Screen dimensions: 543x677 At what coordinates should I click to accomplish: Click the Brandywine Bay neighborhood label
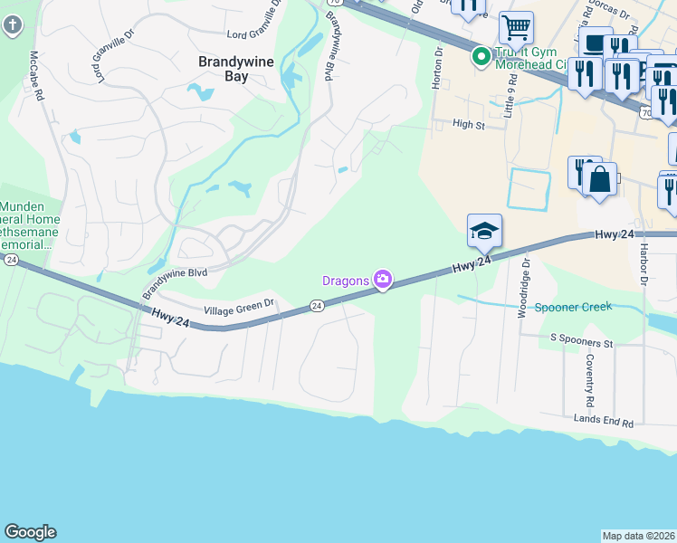pos(224,69)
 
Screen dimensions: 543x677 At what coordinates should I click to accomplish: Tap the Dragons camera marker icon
pos(383,280)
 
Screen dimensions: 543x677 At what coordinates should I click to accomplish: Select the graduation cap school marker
pos(484,231)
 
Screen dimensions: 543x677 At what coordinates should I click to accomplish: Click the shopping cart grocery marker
pos(516,27)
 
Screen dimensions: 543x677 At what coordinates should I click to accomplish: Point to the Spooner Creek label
pos(573,307)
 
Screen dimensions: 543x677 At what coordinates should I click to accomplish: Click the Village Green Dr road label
pos(239,310)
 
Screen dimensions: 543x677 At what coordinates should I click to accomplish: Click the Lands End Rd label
pos(604,421)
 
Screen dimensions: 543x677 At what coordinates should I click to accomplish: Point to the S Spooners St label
pos(582,343)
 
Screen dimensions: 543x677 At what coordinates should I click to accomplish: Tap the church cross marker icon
pos(13,24)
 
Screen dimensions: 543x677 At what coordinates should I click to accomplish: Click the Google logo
pos(30,532)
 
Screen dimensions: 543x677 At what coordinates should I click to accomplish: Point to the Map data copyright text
pos(639,536)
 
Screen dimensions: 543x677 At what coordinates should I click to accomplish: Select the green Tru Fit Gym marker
pos(481,58)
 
